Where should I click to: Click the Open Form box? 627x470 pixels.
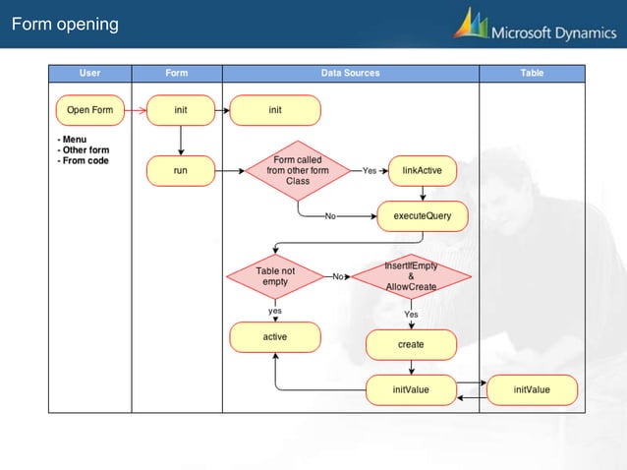coord(89,110)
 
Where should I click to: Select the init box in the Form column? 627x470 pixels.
coord(181,110)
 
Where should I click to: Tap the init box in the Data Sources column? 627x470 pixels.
coord(275,110)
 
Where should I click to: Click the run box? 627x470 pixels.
coord(181,170)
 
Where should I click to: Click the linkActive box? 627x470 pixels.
coord(422,170)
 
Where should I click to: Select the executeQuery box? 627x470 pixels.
coord(423,215)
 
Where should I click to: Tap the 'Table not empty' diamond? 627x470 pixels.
coord(275,276)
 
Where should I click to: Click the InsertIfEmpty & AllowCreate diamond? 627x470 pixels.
coord(411,276)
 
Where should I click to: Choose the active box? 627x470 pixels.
coord(275,337)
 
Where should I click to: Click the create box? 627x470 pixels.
coord(411,344)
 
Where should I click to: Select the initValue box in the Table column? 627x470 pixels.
coord(532,389)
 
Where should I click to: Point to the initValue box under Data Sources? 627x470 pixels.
coord(411,389)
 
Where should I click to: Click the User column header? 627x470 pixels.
coord(89,73)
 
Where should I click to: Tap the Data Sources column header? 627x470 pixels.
coord(350,73)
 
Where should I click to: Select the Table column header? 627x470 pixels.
coord(532,73)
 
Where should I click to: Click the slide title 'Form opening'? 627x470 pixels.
coord(64,24)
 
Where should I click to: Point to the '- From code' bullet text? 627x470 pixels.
coord(84,160)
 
